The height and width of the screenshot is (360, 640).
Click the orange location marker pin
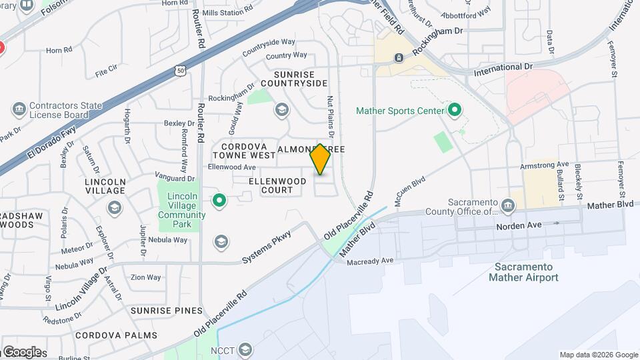click(321, 159)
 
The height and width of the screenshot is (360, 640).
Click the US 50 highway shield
click(181, 69)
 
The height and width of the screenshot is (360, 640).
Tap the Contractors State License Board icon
click(18, 108)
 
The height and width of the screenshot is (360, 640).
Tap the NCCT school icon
click(245, 349)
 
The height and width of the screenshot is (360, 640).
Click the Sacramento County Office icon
click(509, 203)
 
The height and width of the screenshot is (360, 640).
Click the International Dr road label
click(504, 68)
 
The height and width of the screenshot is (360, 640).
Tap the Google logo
click(22, 352)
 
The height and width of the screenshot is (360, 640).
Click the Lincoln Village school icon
click(115, 208)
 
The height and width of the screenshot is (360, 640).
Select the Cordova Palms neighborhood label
click(116, 335)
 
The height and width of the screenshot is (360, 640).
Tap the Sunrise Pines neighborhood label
click(166, 311)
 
